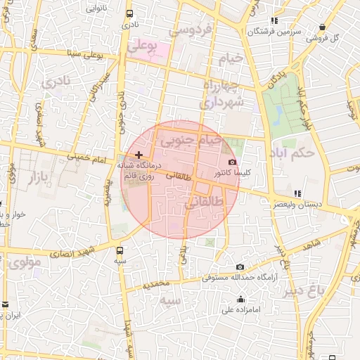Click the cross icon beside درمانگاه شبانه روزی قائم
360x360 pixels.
(139, 154)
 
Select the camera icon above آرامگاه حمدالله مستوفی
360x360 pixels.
(240, 266)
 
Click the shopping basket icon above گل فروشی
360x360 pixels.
(322, 27)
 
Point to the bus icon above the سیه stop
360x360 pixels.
(120, 250)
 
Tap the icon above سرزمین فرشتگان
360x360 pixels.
(274, 21)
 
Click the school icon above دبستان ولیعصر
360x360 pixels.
(297, 193)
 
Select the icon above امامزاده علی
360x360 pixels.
(241, 299)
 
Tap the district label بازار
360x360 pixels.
(41, 177)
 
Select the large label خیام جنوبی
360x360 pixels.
(191, 141)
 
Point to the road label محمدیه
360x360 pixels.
(156, 285)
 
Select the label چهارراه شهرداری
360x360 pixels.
(222, 94)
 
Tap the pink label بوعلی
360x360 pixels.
(144, 44)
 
